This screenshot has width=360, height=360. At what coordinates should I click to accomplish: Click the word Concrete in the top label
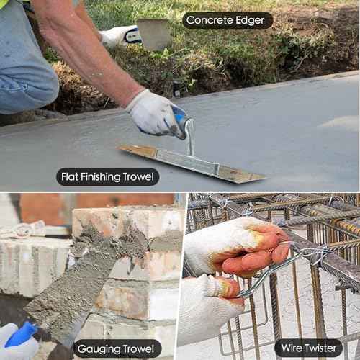(209, 20)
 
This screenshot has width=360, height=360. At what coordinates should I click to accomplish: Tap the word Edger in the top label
(250, 21)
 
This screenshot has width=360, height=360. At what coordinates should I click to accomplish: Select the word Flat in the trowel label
(70, 177)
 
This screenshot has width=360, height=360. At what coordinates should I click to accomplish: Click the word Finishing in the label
(100, 177)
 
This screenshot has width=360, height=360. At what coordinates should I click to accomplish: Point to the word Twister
(320, 348)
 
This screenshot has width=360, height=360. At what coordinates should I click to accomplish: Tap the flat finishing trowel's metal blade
(192, 164)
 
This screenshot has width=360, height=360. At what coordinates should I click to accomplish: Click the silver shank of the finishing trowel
(189, 137)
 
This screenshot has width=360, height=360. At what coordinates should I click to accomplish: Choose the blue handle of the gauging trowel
(20, 335)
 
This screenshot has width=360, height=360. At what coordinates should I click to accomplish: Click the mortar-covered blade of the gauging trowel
(72, 283)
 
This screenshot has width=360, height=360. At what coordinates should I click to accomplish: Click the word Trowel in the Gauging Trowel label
(138, 348)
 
